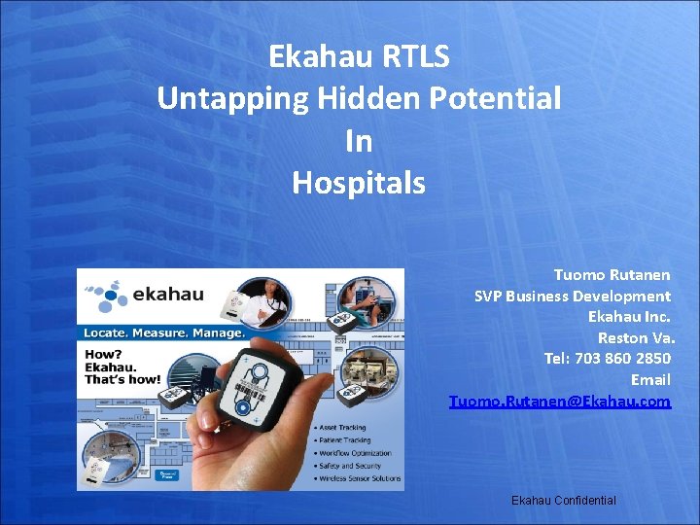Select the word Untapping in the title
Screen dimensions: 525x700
pos(223,98)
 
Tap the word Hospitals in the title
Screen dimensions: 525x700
pos(359,182)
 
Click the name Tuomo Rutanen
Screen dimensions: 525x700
pos(612,275)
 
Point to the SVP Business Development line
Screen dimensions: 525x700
pos(572,296)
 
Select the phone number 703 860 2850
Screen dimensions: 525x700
pos(627,358)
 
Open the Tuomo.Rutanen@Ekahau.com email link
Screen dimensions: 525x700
pos(560,401)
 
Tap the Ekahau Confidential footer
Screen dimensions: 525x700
pos(563,500)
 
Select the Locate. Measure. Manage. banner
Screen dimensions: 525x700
pos(163,332)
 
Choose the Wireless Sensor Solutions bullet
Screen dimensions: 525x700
pos(356,478)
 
